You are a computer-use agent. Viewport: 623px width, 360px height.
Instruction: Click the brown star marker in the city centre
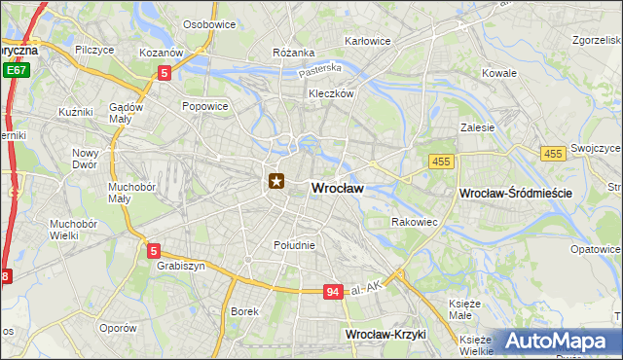[276, 180]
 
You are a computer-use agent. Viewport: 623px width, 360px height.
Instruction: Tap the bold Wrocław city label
[337, 189]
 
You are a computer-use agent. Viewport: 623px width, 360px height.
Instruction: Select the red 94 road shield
[333, 292]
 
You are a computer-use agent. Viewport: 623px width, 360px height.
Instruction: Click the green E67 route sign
[16, 71]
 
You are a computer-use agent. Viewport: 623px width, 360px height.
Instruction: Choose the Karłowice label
[368, 42]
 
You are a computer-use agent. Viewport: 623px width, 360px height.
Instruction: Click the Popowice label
[204, 106]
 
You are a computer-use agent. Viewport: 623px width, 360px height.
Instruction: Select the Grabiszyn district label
[178, 265]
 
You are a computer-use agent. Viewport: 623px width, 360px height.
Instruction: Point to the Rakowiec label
[414, 222]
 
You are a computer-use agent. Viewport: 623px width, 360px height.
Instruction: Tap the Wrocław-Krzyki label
[386, 334]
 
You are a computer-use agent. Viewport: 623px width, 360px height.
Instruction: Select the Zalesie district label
[478, 126]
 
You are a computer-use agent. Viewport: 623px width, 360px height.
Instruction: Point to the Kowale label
[499, 73]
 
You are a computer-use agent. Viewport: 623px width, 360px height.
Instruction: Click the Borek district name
[243, 311]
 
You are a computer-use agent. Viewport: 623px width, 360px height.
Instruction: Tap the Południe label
[294, 245]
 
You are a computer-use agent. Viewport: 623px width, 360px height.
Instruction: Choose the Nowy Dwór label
[86, 159]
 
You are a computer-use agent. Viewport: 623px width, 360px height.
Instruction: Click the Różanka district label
[294, 53]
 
